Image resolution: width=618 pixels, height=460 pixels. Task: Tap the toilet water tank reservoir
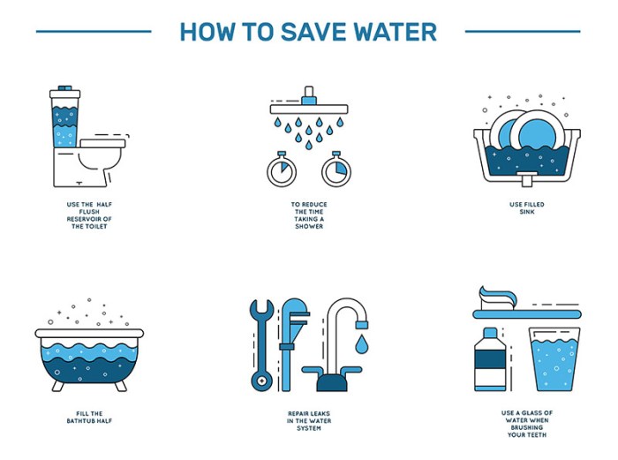64,119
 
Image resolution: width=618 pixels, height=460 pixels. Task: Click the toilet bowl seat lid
104,140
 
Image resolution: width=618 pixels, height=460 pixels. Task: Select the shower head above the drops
309,107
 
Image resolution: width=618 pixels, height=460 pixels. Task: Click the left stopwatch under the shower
282,170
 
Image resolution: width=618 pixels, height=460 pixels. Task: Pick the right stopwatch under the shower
336,170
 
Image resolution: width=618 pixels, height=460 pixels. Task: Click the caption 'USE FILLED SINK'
527,207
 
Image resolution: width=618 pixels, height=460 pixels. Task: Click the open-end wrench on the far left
260,345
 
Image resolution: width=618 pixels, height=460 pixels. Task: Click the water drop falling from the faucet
363,340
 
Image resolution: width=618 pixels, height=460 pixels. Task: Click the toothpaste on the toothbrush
507,295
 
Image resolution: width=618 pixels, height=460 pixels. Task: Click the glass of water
554,358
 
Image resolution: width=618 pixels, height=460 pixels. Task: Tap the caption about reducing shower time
308,215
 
